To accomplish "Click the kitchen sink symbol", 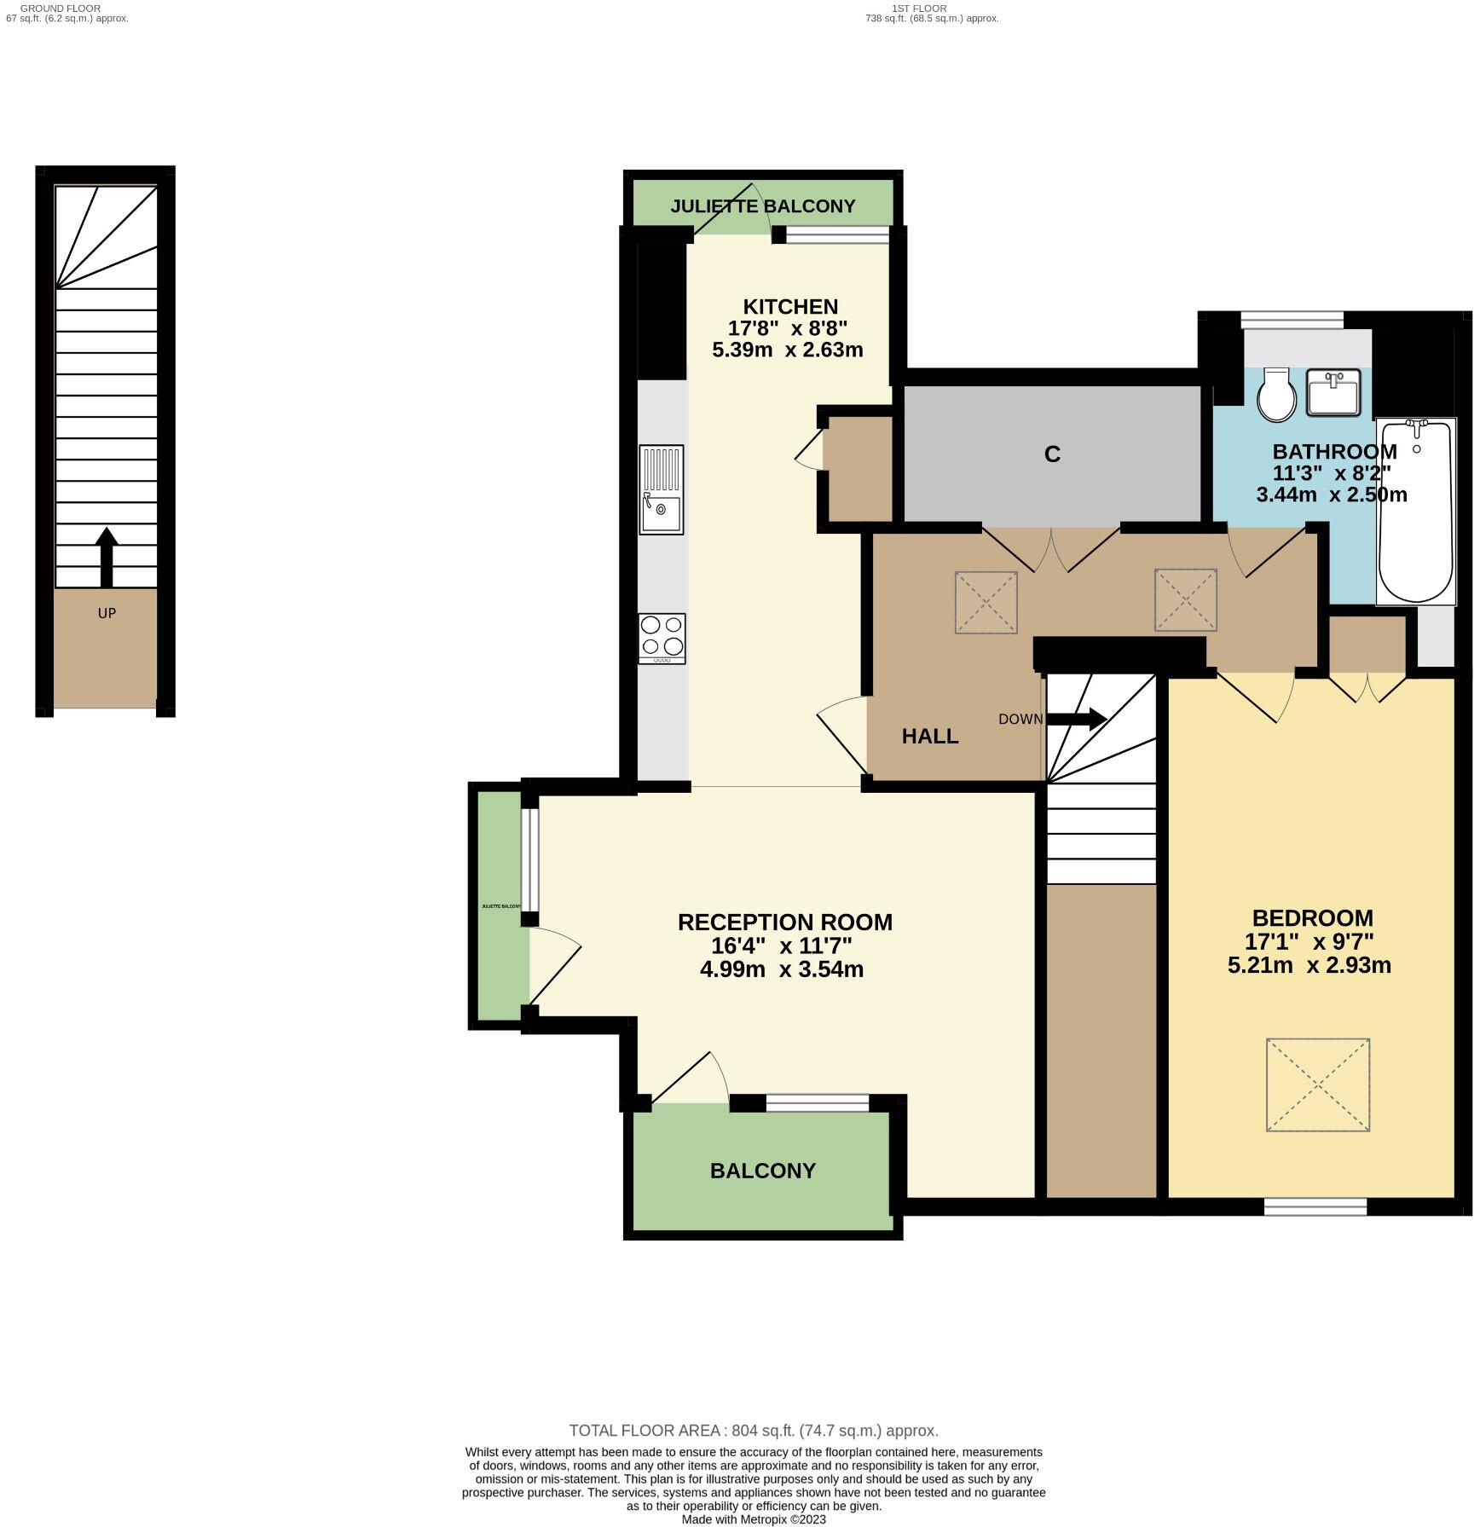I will [x=662, y=490].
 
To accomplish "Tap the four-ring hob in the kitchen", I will [x=662, y=638].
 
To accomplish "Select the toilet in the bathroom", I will [x=1276, y=396].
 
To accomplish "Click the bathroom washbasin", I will [x=1333, y=393].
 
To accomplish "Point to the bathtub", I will [x=1415, y=512].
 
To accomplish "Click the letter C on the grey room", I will [x=1052, y=454].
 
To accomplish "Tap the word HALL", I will [x=930, y=736].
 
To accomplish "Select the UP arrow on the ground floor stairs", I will [x=107, y=557].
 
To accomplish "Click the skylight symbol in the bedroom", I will [x=1317, y=1085].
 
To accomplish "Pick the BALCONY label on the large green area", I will [x=763, y=1171].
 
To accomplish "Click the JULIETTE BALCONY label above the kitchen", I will [x=762, y=206].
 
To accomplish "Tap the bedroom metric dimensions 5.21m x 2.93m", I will [x=1309, y=965].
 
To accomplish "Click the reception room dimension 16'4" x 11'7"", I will [x=782, y=946].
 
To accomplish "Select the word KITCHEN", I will [x=790, y=307].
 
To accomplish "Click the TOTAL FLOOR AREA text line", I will [x=754, y=1431].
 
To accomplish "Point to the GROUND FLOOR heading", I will [x=61, y=8].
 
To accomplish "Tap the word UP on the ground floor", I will [x=107, y=613].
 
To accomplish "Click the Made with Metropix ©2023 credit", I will [x=754, y=1519].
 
